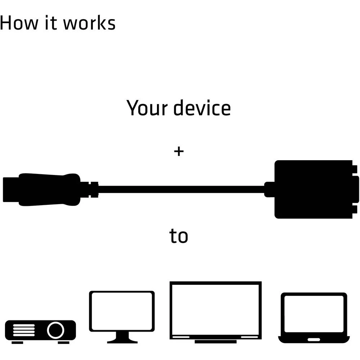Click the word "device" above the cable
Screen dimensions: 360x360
(202, 108)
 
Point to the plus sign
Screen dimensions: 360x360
(179, 151)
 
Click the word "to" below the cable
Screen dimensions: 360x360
(179, 236)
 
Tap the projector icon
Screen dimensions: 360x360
(40, 330)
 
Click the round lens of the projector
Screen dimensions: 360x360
(55, 330)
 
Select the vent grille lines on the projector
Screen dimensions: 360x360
(24, 330)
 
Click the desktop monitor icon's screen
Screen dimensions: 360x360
(122, 311)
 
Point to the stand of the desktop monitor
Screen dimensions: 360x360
(122, 338)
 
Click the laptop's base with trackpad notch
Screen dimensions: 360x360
(314, 339)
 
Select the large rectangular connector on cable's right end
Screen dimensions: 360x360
(313, 189)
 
